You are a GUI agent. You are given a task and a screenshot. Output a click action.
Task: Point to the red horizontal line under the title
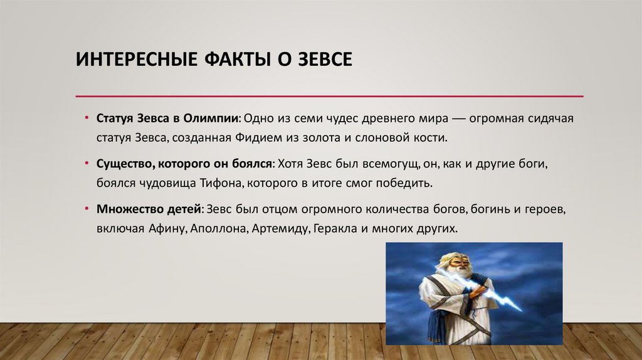point(329,96)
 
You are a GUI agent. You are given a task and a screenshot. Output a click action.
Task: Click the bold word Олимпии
point(214,119)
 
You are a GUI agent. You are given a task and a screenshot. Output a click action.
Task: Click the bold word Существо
point(121,163)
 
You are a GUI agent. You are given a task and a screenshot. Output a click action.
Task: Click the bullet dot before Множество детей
point(87,208)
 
